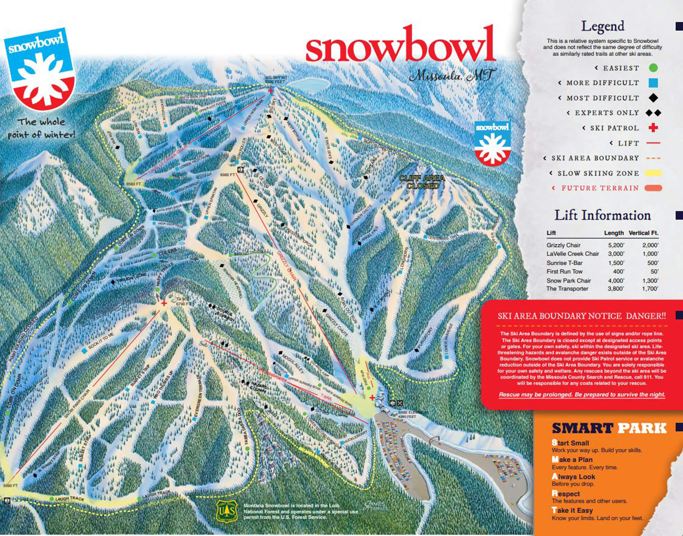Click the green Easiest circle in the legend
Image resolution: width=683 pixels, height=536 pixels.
[653, 68]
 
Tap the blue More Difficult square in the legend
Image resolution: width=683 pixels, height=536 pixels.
[653, 83]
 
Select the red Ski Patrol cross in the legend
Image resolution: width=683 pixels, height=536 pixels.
[653, 128]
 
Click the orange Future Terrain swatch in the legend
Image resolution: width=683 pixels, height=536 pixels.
[653, 188]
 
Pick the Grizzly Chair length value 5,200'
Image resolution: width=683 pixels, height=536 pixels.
[616, 245]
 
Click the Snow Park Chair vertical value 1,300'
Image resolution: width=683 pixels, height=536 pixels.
[650, 281]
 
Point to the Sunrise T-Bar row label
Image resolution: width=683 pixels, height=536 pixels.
[564, 263]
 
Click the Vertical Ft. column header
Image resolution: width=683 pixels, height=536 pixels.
[643, 233]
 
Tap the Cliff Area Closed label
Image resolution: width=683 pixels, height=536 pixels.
[422, 182]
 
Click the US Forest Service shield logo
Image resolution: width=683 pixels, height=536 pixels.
[227, 511]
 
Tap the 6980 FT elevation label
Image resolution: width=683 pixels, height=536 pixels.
[227, 175]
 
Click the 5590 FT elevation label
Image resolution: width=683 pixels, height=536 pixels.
[10, 485]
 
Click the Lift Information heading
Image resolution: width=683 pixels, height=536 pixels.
[602, 215]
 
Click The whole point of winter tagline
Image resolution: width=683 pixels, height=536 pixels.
[41, 128]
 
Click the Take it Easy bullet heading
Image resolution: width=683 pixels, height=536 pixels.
[572, 510]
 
